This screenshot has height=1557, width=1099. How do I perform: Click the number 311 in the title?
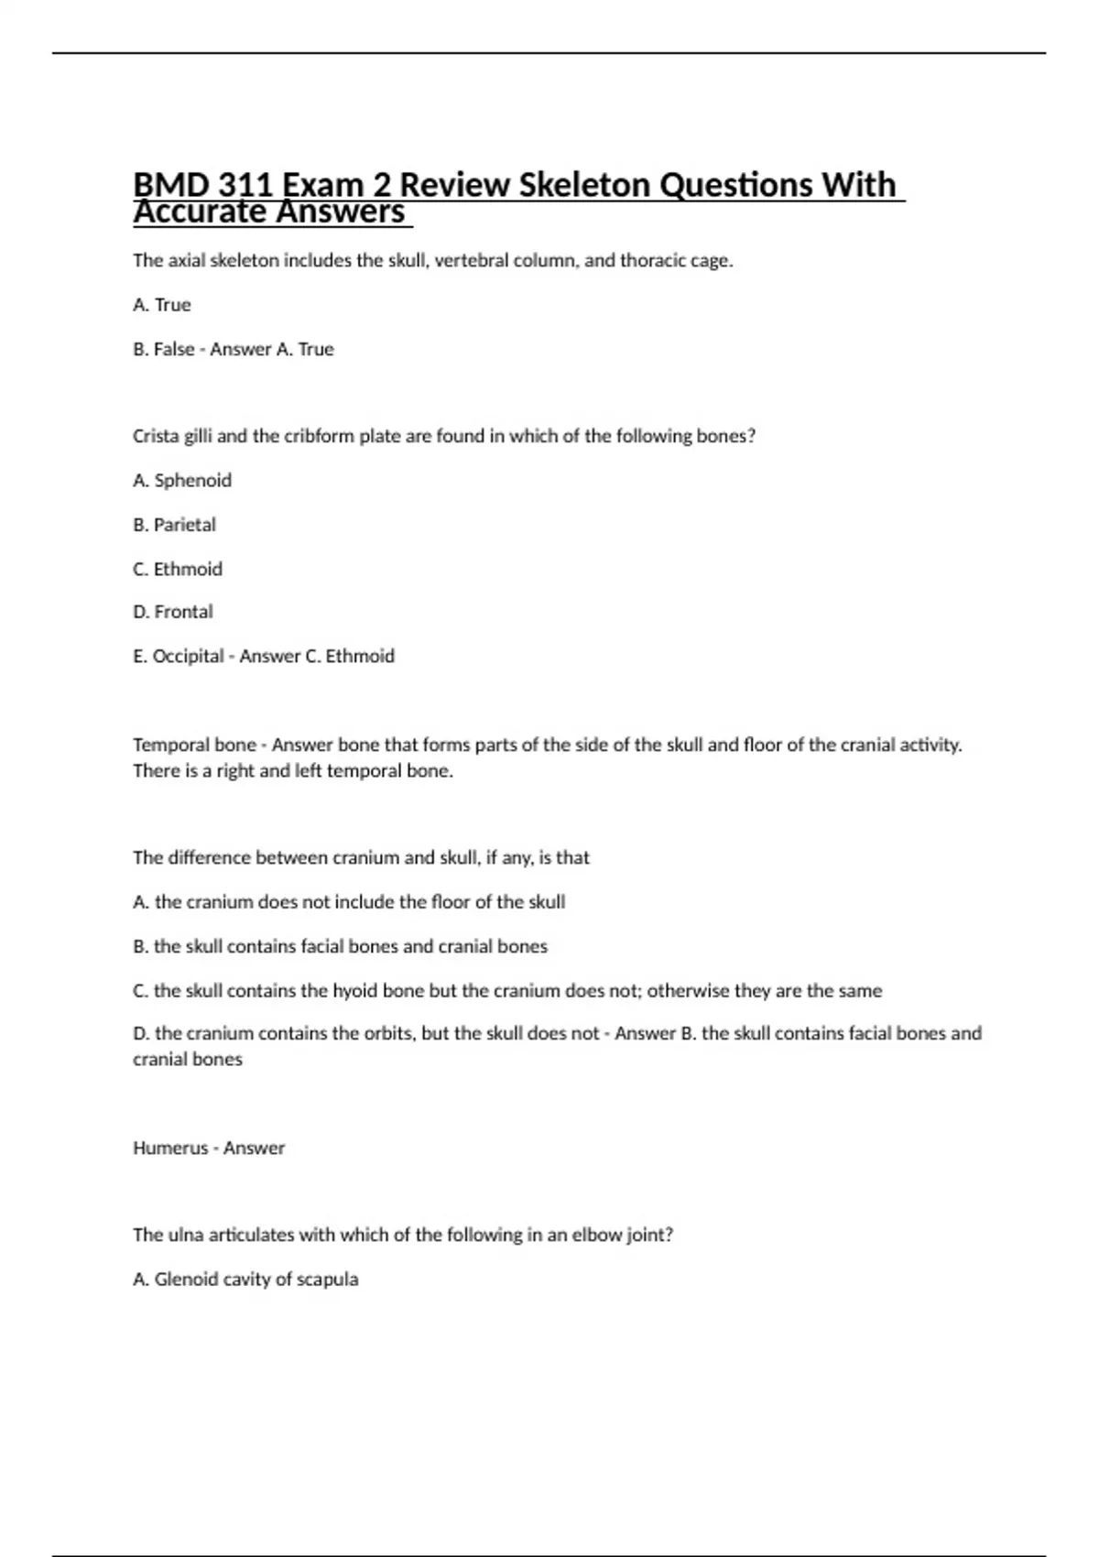(x=245, y=185)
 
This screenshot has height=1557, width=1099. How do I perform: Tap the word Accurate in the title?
(x=201, y=212)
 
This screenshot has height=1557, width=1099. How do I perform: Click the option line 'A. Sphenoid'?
(x=182, y=481)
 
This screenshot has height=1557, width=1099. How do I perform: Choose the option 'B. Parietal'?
(x=174, y=525)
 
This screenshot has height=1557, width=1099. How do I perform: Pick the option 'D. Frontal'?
(x=173, y=612)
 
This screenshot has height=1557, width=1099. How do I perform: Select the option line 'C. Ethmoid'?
(x=178, y=570)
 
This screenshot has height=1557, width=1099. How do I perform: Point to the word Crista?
(x=156, y=437)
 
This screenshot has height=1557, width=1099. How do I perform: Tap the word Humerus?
(x=170, y=1149)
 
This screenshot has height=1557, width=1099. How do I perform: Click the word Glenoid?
(x=185, y=1279)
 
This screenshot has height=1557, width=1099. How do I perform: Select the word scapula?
(x=327, y=1279)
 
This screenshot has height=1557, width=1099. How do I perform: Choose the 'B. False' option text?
(x=164, y=350)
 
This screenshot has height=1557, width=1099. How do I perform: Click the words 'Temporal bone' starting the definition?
(x=194, y=746)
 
